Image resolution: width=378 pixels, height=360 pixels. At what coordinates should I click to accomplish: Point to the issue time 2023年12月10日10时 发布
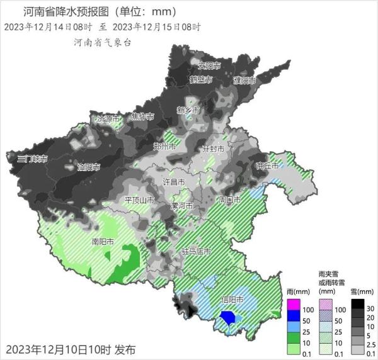70,349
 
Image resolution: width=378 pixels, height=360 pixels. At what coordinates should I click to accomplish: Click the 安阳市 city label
209,65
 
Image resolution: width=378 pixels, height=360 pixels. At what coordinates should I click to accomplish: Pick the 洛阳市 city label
89,167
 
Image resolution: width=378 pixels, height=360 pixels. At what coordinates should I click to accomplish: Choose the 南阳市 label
103,241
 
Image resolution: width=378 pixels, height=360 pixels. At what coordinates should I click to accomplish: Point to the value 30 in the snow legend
370,308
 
